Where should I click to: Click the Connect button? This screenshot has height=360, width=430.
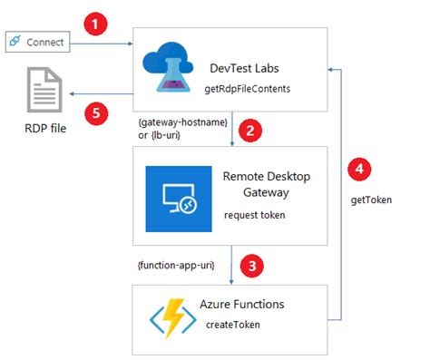(x=38, y=41)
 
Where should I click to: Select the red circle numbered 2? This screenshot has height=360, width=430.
(x=255, y=129)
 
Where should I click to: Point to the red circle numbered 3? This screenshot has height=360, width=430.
(x=255, y=267)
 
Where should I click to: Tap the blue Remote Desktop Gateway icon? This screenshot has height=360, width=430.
(x=178, y=199)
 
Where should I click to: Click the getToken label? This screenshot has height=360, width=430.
(x=371, y=199)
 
